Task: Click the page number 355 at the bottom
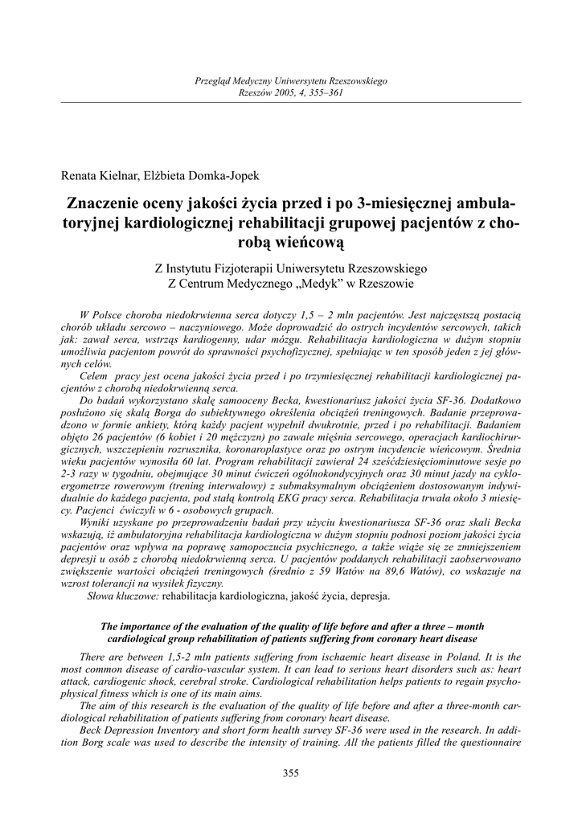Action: tap(291, 773)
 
